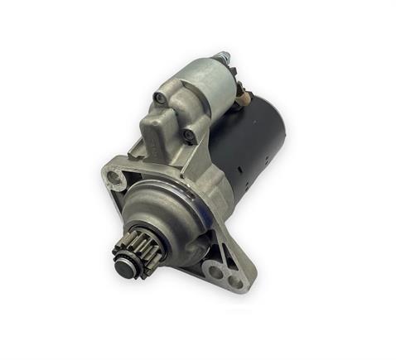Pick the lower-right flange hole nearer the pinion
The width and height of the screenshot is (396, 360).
click(x=215, y=269)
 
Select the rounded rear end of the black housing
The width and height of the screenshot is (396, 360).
click(x=278, y=132)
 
